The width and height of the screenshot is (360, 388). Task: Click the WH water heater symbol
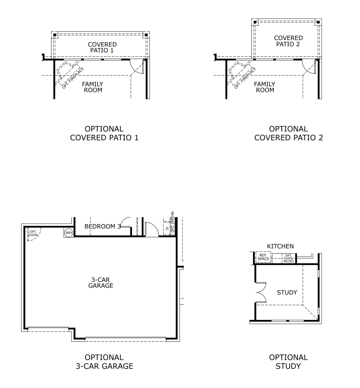click(69, 233)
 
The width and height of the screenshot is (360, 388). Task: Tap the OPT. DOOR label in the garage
click(33, 233)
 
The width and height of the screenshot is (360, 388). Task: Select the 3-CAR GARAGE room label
click(101, 283)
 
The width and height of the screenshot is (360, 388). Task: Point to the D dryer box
click(167, 229)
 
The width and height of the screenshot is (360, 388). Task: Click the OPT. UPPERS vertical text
click(173, 222)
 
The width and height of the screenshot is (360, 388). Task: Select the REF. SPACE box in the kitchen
click(263, 257)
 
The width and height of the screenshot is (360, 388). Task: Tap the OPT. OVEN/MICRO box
click(288, 258)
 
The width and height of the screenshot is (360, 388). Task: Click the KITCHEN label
click(280, 246)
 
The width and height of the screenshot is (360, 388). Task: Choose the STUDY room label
click(287, 293)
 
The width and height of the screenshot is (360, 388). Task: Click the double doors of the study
click(261, 292)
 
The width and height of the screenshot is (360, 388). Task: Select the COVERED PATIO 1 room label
click(102, 47)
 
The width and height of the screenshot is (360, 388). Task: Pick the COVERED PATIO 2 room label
click(288, 41)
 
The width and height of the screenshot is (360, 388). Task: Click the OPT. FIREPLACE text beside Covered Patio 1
click(73, 78)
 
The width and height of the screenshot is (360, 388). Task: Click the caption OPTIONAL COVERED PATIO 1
click(104, 133)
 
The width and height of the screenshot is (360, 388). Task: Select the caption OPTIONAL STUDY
click(288, 362)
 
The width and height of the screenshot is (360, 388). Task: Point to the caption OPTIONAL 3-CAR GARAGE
click(104, 362)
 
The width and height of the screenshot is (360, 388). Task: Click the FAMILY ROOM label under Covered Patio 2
click(265, 87)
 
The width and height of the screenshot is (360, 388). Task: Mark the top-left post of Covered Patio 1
click(55, 35)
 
